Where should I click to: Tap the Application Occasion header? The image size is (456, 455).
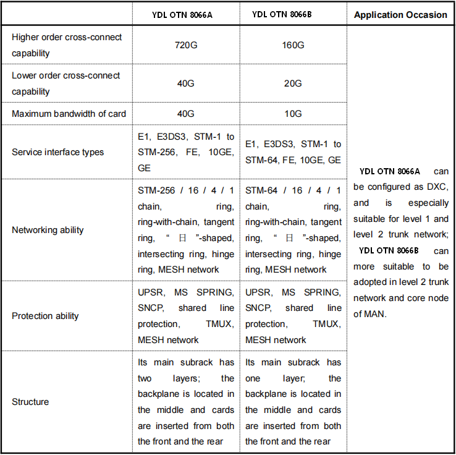tap(400, 15)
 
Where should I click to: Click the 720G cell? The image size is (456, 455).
tap(186, 45)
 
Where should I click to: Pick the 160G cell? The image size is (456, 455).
tap(293, 45)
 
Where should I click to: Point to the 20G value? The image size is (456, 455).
tap(293, 83)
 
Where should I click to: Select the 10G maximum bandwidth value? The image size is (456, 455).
tap(293, 114)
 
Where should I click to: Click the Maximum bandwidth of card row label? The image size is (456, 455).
tap(69, 114)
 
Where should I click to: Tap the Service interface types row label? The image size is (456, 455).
tap(58, 152)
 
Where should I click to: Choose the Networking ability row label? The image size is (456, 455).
tap(48, 230)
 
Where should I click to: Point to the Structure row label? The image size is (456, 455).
tap(30, 402)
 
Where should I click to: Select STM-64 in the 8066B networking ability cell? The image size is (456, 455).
tap(261, 190)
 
